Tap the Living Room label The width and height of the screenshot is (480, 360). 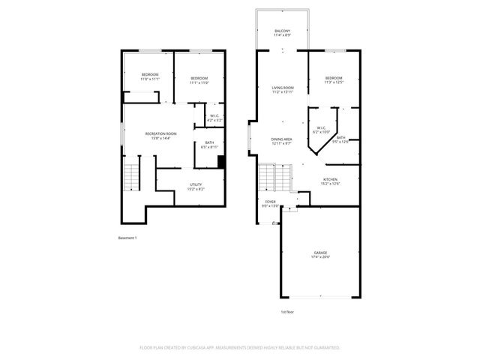(x=282, y=91)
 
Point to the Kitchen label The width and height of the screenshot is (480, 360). (x=330, y=181)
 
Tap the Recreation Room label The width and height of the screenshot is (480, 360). (x=160, y=136)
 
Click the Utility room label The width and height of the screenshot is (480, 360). (x=195, y=187)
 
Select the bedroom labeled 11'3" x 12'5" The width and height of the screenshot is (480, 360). (x=334, y=81)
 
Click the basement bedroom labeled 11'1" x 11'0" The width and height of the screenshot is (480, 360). (x=199, y=81)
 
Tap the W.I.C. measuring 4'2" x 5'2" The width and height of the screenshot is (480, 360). (x=214, y=118)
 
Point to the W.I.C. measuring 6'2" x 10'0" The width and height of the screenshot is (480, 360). (x=320, y=130)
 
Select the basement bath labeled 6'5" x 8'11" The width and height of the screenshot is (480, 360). (x=209, y=145)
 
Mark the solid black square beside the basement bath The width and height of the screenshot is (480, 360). (x=221, y=160)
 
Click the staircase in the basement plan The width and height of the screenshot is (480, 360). (x=131, y=176)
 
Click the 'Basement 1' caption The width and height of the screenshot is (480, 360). (x=127, y=238)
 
